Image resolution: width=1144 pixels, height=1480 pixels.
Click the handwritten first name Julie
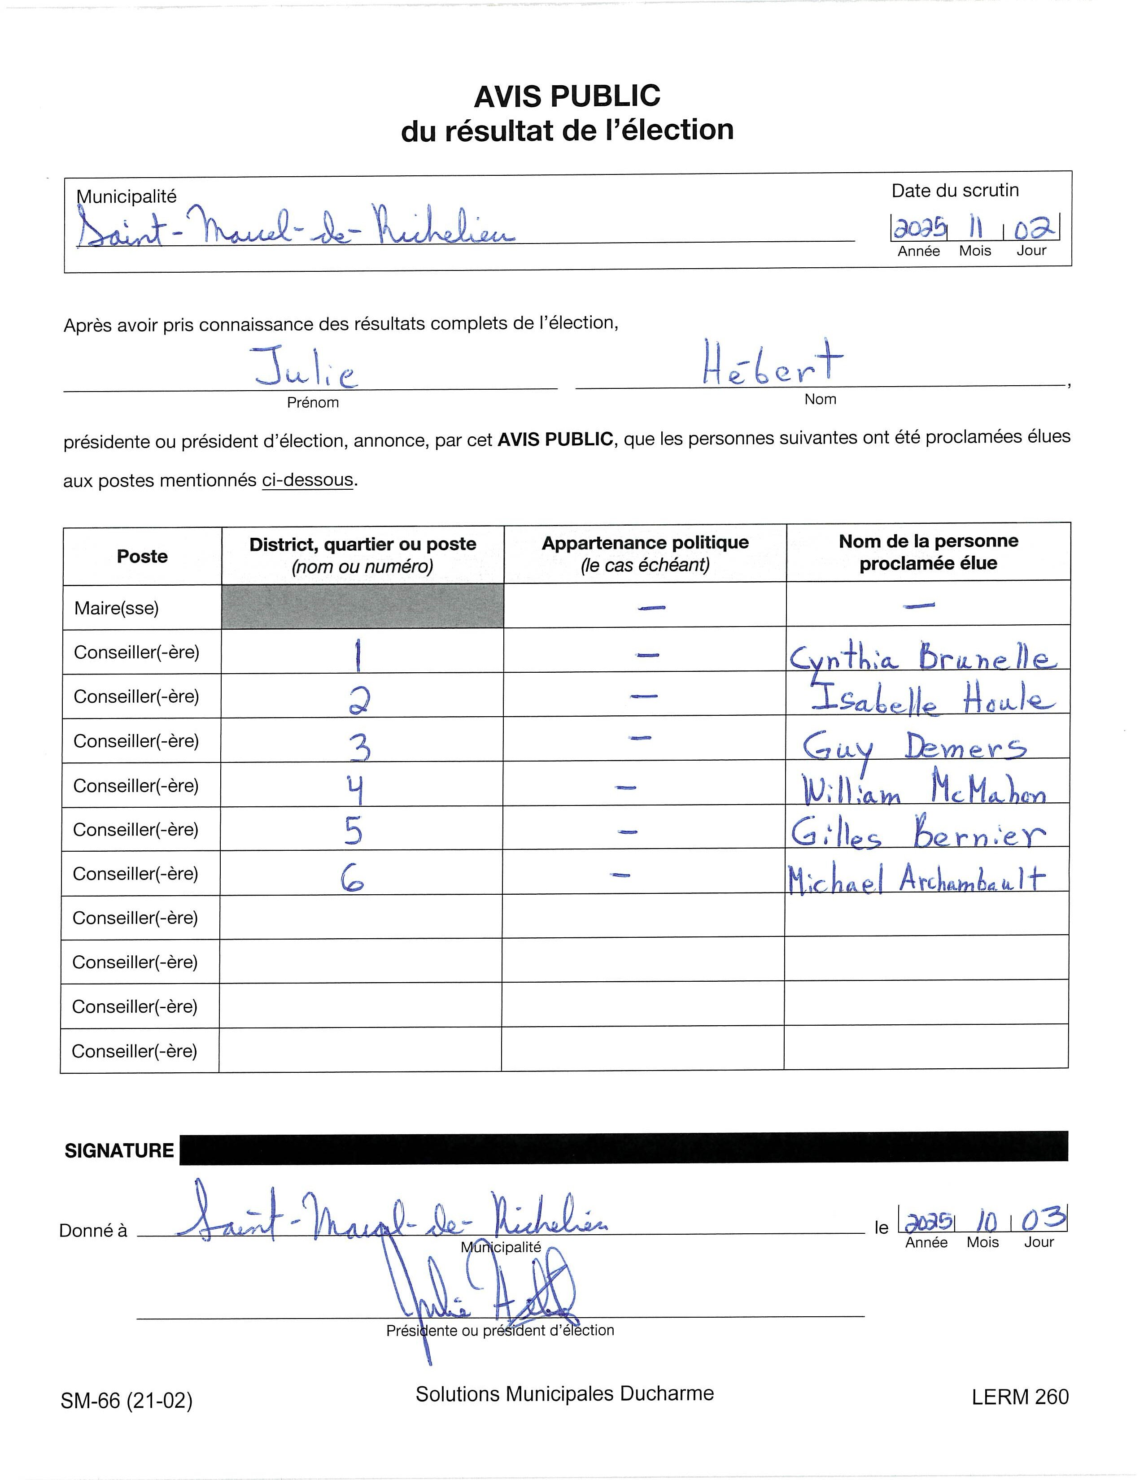306,367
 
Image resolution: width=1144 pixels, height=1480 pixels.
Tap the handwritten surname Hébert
772,363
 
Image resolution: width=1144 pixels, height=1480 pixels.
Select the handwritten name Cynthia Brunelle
922,657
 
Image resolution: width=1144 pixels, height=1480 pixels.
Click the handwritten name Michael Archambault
916,879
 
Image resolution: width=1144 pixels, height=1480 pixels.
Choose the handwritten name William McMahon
924,789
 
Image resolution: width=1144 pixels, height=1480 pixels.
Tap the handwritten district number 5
353,831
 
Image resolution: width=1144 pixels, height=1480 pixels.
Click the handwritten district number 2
358,700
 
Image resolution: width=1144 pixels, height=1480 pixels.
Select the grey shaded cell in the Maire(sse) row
362,606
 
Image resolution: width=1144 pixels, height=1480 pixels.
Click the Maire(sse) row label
117,608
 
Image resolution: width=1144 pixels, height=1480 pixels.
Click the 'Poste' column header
142,557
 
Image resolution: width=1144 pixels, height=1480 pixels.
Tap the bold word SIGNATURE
119,1151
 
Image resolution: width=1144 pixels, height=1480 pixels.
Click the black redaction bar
624,1149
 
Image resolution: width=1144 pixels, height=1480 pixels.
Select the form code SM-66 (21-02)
127,1400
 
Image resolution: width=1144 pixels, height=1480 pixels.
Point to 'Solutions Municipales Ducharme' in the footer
564,1394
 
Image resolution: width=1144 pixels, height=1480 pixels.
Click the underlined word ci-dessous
308,480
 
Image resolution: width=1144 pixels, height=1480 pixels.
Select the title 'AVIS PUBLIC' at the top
567,96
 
